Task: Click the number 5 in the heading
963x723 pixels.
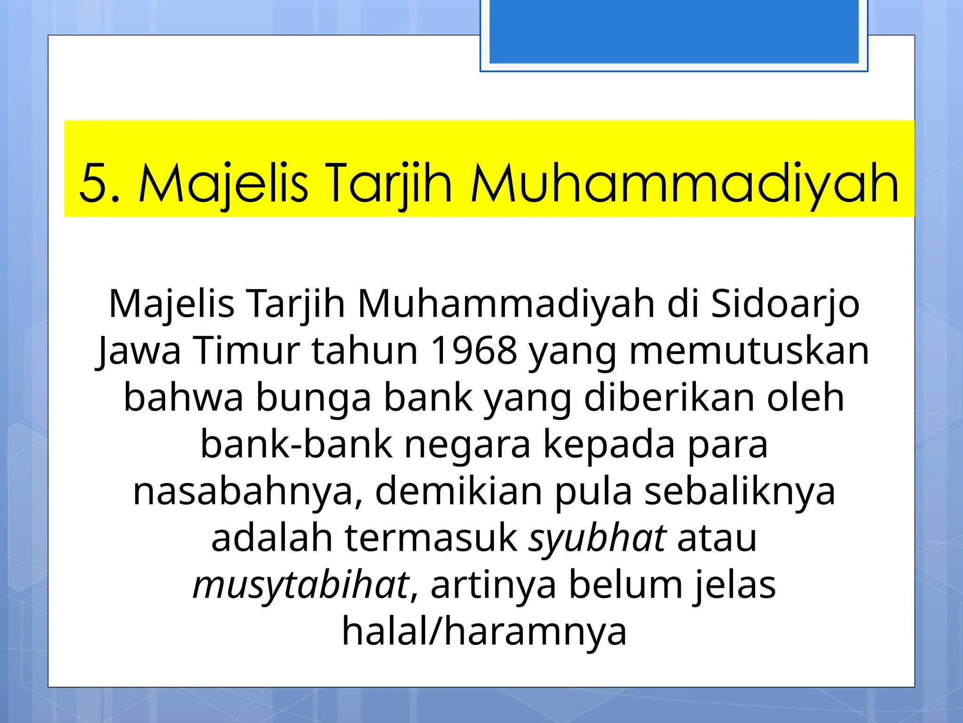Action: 97,183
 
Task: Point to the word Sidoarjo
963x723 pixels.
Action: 785,304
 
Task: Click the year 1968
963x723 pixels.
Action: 474,351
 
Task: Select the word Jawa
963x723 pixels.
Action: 140,351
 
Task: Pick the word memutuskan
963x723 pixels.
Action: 749,351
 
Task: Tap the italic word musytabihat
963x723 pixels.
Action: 301,585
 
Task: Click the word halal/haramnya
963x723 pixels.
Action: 484,632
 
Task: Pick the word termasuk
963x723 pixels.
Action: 431,538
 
